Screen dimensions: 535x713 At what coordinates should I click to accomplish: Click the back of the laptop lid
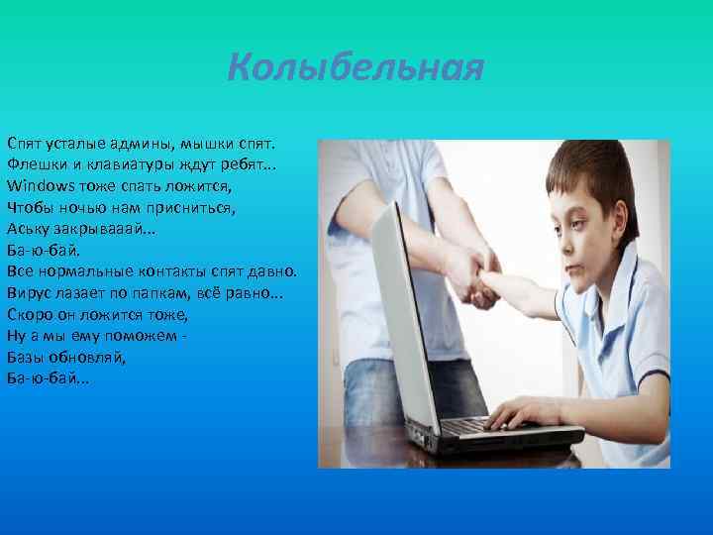click(x=401, y=327)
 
